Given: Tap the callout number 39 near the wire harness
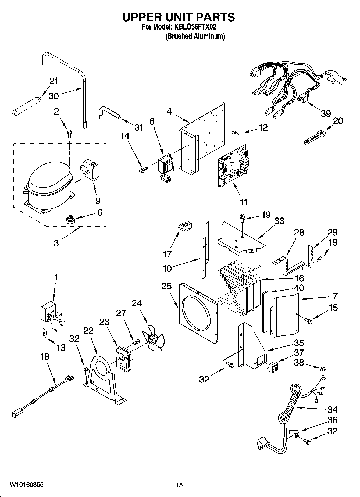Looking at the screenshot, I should tap(326, 113).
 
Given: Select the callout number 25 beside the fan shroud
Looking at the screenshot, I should tap(166, 286).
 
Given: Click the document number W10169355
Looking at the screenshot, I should tap(26, 485).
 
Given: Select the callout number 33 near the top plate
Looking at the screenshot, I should tap(279, 221).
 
